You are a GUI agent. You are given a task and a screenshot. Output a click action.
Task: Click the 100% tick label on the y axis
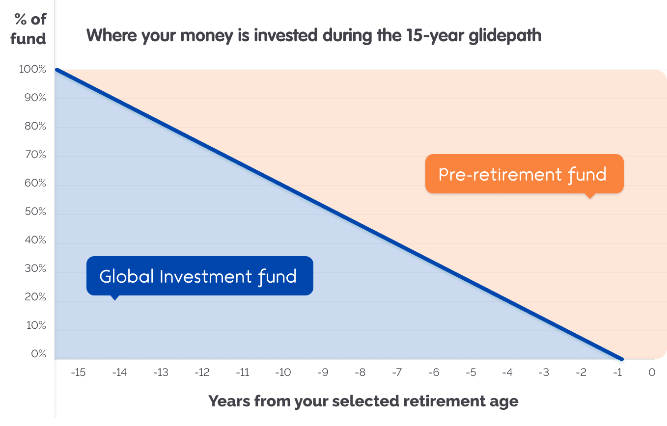point(32,69)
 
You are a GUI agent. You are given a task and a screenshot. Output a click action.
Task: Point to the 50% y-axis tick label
point(35,212)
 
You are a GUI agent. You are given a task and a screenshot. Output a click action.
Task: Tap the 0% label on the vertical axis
point(38,354)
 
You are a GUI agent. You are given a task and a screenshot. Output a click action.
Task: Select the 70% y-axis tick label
point(35,155)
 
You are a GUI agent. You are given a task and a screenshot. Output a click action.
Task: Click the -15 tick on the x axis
point(78,373)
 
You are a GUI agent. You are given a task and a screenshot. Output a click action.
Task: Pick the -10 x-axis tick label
point(283,373)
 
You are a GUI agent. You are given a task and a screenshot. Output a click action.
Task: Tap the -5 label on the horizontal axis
point(471,373)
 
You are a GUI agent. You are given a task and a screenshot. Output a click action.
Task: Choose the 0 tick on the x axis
point(652,373)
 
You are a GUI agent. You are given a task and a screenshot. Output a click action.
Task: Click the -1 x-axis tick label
point(617,373)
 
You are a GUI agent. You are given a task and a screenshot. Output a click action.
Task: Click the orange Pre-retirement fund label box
point(525,174)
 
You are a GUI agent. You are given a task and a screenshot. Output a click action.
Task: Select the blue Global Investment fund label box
point(200,276)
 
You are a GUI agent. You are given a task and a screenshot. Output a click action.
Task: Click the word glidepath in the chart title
point(505,36)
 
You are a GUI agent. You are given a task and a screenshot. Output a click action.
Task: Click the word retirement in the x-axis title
point(445,401)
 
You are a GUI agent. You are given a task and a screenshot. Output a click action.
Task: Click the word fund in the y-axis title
point(28,39)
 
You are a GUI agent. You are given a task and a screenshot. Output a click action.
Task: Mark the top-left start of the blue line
point(56,70)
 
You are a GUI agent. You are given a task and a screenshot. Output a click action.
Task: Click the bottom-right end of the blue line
point(622,359)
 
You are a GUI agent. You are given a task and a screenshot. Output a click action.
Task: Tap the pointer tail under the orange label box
point(590,196)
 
